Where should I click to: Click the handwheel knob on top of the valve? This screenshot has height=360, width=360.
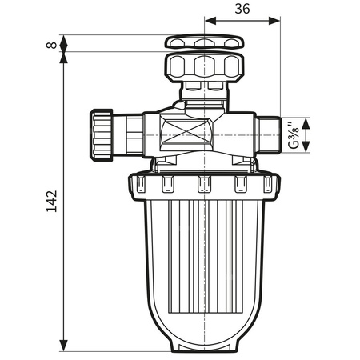(205, 42)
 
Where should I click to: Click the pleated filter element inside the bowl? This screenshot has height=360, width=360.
(205, 256)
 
